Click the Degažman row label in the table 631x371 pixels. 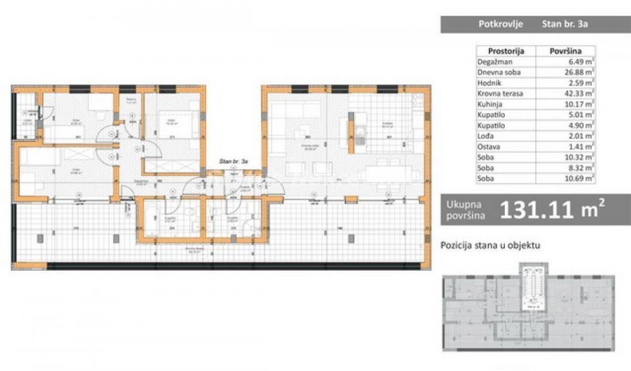click(495, 62)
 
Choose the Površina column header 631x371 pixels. click(565, 51)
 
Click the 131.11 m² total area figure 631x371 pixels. click(553, 210)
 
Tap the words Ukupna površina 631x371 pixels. click(466, 210)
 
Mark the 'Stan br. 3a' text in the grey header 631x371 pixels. click(565, 25)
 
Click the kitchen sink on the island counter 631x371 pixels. click(359, 133)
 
